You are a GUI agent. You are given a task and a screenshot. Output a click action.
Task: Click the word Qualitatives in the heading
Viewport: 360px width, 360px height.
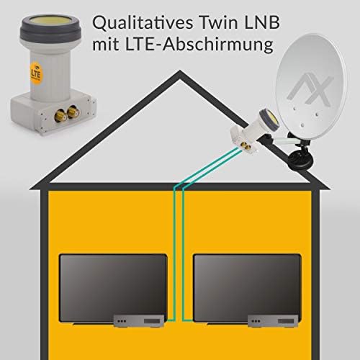(x=143, y=23)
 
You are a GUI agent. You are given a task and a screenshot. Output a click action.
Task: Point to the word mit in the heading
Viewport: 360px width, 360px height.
(x=107, y=45)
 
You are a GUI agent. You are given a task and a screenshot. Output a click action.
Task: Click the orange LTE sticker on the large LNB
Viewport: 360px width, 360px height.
(x=35, y=73)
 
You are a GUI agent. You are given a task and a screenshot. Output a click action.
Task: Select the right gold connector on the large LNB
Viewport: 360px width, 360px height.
(x=73, y=112)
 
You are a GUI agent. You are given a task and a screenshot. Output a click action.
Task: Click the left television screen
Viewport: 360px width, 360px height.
(x=113, y=288)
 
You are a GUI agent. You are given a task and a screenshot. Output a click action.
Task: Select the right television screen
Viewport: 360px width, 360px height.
(x=247, y=288)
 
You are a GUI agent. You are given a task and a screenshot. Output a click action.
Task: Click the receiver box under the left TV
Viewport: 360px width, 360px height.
(x=139, y=321)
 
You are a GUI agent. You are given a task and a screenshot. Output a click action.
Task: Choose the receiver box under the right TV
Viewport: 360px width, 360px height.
(x=273, y=321)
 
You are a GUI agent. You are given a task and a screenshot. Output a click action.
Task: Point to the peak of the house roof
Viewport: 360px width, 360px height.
(x=180, y=71)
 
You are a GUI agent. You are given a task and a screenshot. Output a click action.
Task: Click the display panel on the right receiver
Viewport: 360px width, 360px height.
(x=286, y=321)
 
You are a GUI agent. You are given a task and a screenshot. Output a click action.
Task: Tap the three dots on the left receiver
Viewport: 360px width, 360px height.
(x=122, y=321)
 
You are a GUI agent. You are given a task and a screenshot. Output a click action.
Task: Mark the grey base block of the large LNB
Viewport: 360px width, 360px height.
(x=53, y=113)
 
